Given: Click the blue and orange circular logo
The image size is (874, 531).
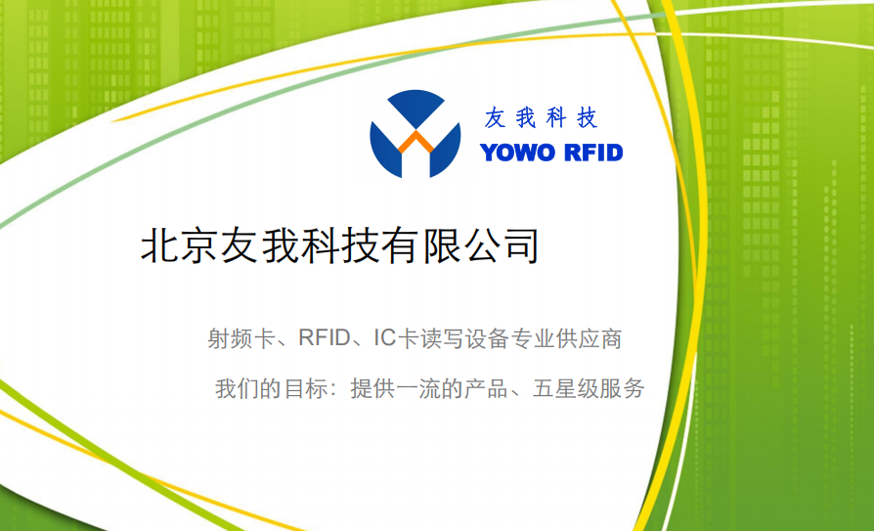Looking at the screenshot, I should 415,134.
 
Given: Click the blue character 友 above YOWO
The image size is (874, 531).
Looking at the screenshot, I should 496,118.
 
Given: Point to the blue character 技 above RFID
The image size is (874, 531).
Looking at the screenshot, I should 586,118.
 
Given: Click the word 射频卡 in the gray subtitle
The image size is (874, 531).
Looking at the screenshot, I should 240,340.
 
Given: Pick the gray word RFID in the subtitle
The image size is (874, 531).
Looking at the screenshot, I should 324,340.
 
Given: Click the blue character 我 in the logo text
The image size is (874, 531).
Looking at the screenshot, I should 525,118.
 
